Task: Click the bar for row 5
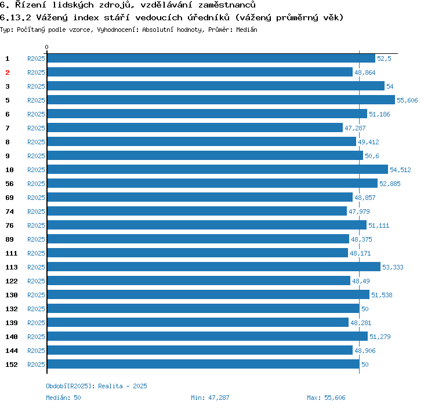[220, 100]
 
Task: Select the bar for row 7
[195, 128]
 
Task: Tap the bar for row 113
[213, 267]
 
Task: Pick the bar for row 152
[203, 365]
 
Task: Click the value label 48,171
[360, 253]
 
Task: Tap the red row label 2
[8, 72]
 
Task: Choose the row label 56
[9, 184]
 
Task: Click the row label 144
[11, 351]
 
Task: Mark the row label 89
[9, 239]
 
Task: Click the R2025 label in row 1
[36, 59]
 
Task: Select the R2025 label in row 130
[36, 295]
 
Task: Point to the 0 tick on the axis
[47, 48]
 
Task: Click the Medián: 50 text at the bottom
[63, 398]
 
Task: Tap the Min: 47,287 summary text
[210, 398]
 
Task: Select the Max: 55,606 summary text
[326, 398]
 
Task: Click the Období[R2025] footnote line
[96, 386]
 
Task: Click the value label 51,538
[382, 295]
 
